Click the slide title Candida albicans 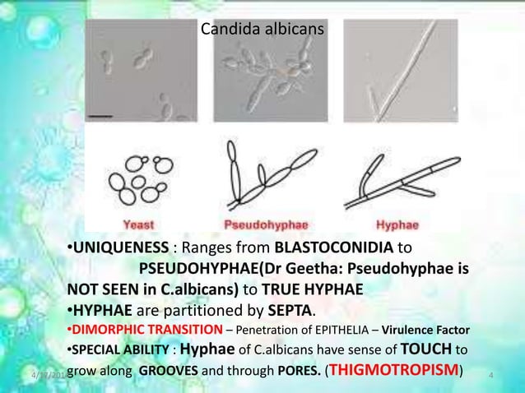click(262, 30)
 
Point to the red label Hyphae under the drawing click(397, 224)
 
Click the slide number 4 click(490, 376)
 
